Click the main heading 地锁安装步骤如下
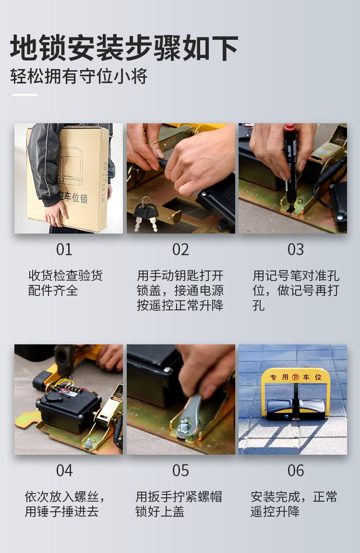click(x=124, y=48)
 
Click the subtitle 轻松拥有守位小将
click(x=79, y=76)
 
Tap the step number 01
click(x=64, y=250)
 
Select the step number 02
click(x=180, y=250)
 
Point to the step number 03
click(x=296, y=250)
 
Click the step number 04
click(x=64, y=471)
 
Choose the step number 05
click(x=180, y=471)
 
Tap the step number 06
click(x=296, y=471)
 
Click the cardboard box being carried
click(x=68, y=178)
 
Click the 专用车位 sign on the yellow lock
click(x=296, y=377)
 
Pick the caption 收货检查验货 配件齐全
click(x=65, y=283)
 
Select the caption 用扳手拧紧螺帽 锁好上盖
click(x=179, y=504)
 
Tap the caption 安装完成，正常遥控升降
click(x=294, y=504)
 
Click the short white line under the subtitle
click(x=24, y=94)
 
